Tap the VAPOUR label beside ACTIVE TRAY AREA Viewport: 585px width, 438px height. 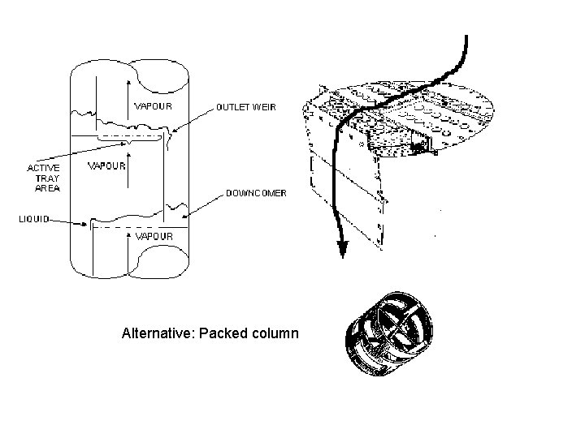(106, 166)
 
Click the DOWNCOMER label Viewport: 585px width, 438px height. (255, 193)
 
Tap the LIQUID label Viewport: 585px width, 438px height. (33, 219)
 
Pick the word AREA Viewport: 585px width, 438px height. (46, 187)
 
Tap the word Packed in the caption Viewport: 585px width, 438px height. (221, 333)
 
